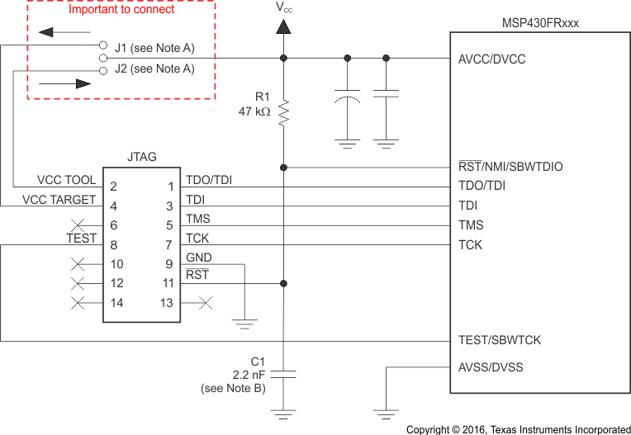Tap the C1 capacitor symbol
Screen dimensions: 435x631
(x=283, y=374)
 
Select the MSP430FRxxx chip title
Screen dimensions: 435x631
(x=540, y=23)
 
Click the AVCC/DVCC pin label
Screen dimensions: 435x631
(x=491, y=59)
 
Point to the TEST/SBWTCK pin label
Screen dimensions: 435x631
(x=500, y=340)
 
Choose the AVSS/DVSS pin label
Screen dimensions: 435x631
(x=491, y=367)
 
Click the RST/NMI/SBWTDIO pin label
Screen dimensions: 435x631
(x=510, y=167)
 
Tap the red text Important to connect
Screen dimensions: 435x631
(x=121, y=10)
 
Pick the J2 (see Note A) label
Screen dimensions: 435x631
(x=154, y=69)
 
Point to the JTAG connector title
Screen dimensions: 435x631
(x=142, y=156)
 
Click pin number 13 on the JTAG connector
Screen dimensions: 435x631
(x=168, y=303)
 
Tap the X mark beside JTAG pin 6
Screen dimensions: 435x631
(x=79, y=225)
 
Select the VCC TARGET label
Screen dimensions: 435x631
(x=59, y=199)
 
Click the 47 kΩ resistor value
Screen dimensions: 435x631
(x=254, y=111)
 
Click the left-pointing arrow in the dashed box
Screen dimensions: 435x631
(x=50, y=33)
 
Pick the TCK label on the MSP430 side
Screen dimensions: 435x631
(x=471, y=244)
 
